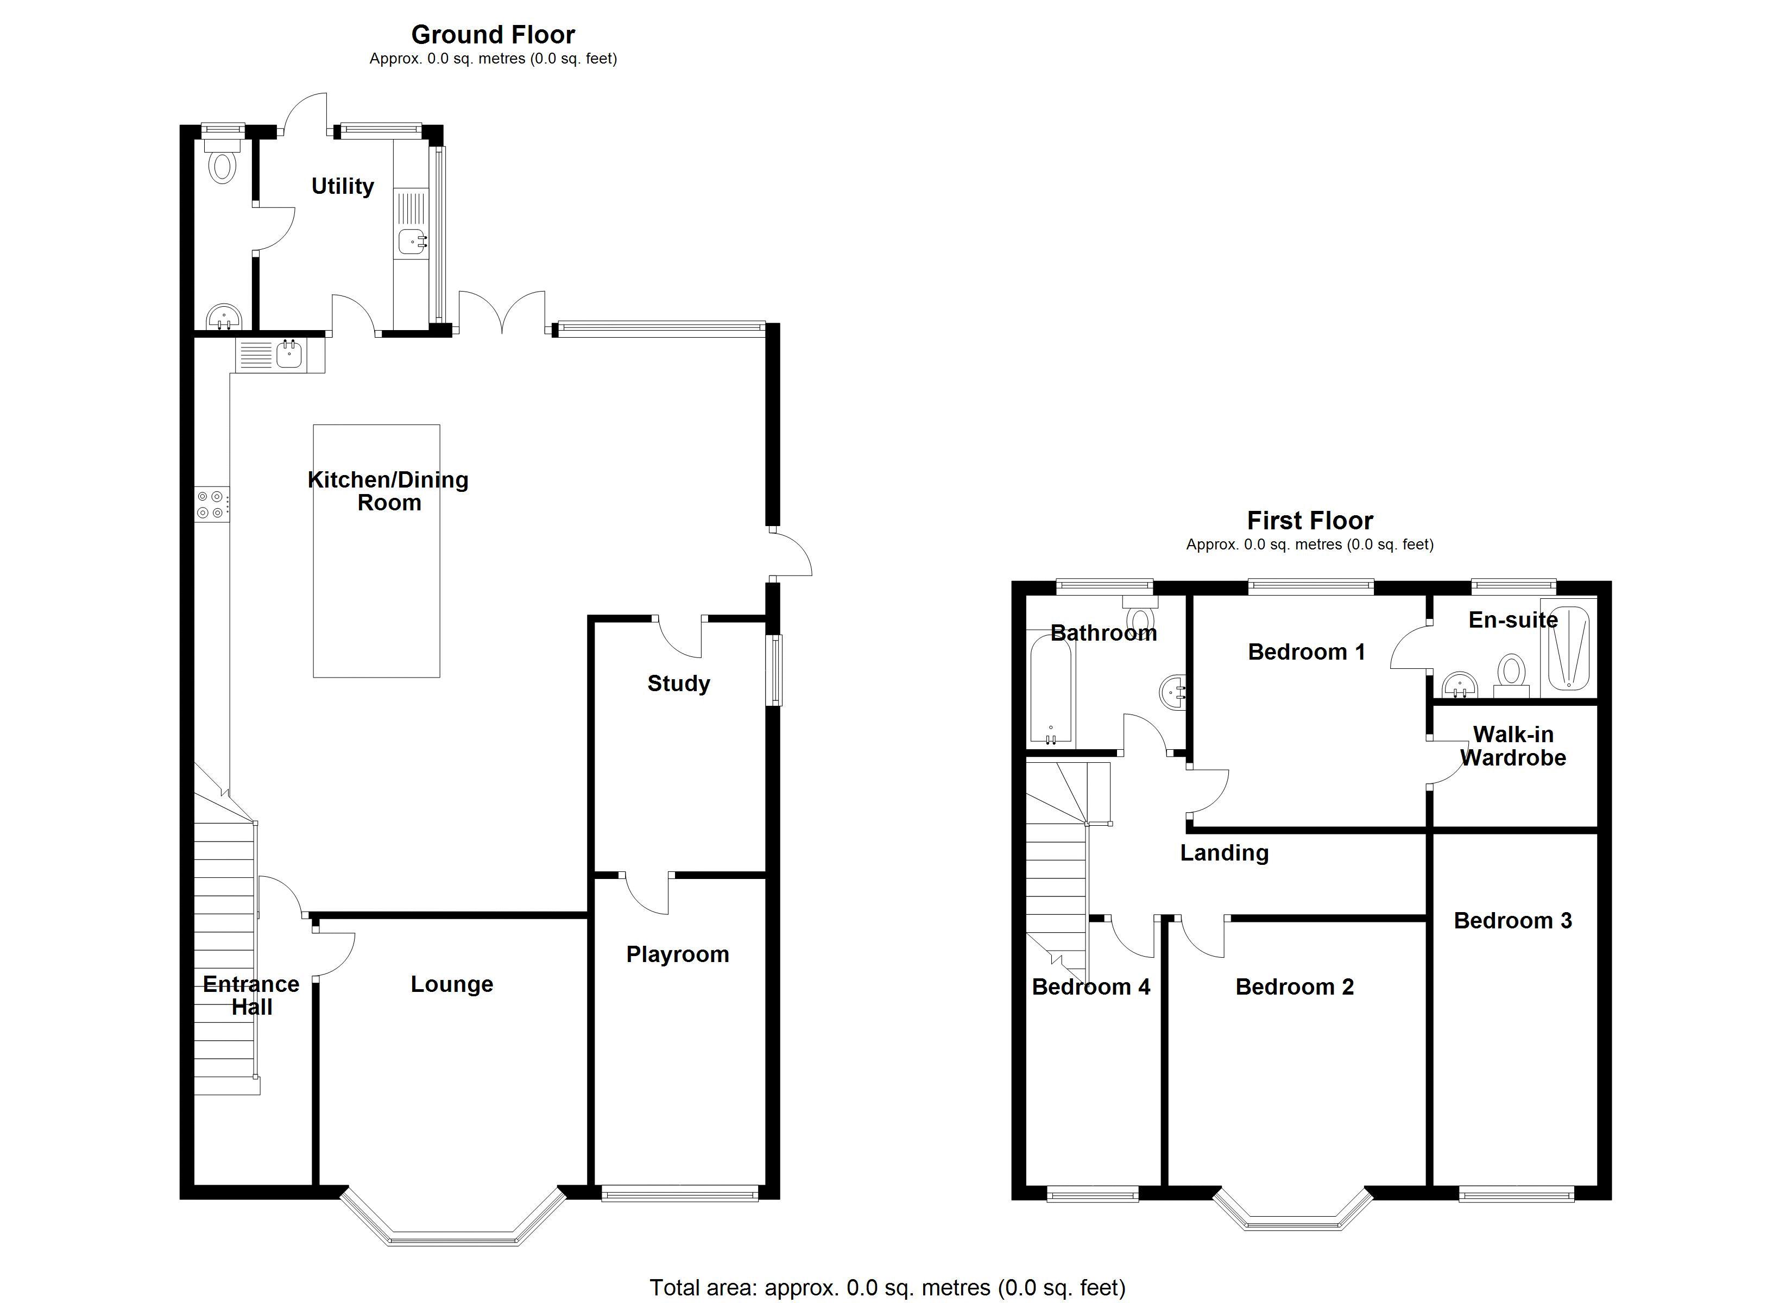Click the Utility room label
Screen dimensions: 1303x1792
pyautogui.click(x=342, y=186)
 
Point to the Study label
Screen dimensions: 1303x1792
pyautogui.click(x=678, y=684)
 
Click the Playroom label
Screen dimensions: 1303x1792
pyautogui.click(x=677, y=954)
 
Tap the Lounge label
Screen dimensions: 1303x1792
pyautogui.click(x=451, y=984)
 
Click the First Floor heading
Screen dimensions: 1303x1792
pyautogui.click(x=1309, y=521)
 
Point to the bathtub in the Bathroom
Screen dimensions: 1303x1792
pyautogui.click(x=1051, y=691)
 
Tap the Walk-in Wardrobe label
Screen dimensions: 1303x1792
pyautogui.click(x=1512, y=746)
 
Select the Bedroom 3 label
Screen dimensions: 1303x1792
pyautogui.click(x=1512, y=921)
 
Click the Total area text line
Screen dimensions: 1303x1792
pyautogui.click(x=887, y=1288)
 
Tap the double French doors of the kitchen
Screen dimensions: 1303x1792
pyautogui.click(x=502, y=313)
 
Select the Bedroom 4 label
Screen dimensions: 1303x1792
pyautogui.click(x=1090, y=987)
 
